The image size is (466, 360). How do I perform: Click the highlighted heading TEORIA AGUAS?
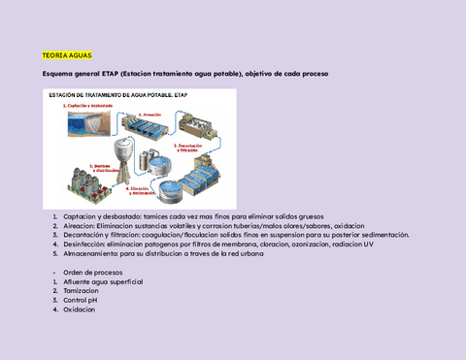(x=66, y=56)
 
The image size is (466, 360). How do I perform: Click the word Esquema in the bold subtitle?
(x=50, y=74)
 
